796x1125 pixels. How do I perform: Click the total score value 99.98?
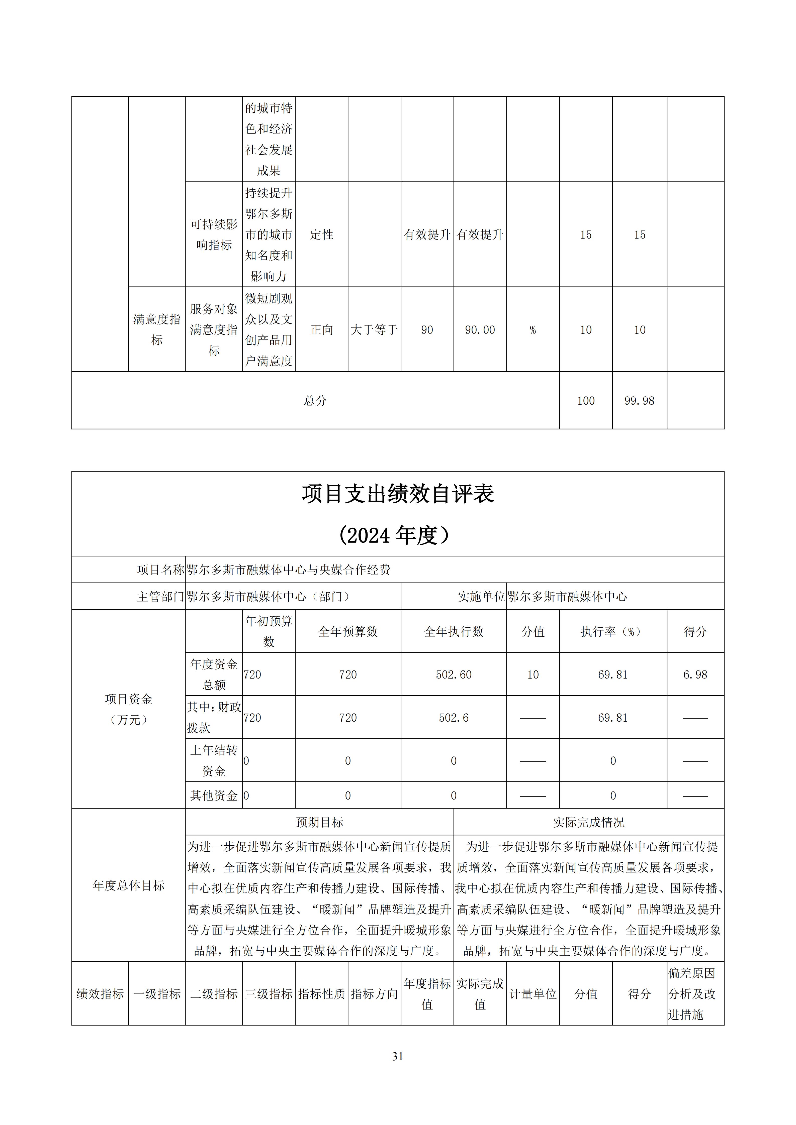pyautogui.click(x=639, y=401)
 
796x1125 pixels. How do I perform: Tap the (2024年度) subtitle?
pyautogui.click(x=395, y=535)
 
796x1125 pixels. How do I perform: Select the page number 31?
pyautogui.click(x=398, y=1070)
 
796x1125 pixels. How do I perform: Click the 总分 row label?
pyautogui.click(x=315, y=401)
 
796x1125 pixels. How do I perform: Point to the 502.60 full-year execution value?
pyautogui.click(x=453, y=675)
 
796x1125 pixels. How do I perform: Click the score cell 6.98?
pyautogui.click(x=695, y=675)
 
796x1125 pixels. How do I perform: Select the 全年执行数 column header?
pyautogui.click(x=453, y=632)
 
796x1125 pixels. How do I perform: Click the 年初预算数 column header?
pyautogui.click(x=269, y=632)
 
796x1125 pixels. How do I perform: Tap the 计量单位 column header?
pyautogui.click(x=533, y=994)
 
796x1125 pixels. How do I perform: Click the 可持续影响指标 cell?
pyautogui.click(x=214, y=235)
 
